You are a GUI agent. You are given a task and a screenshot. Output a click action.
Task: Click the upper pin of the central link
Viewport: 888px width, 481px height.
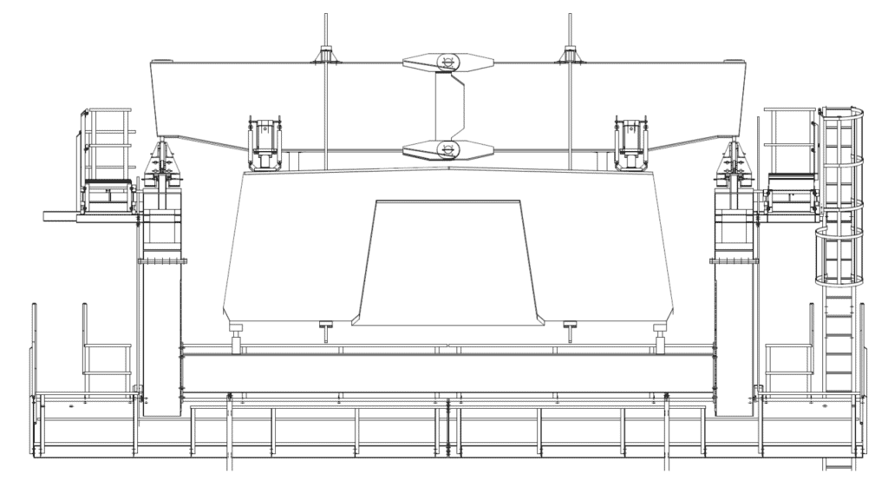click(x=447, y=62)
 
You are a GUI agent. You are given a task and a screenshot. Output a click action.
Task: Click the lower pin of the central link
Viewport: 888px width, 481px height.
click(x=447, y=148)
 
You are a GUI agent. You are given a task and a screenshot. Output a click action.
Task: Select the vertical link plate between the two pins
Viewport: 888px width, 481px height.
click(x=448, y=105)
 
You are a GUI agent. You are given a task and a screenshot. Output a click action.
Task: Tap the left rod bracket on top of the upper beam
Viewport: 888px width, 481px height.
click(x=326, y=56)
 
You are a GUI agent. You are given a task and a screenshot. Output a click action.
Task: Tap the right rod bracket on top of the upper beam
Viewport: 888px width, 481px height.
click(x=569, y=56)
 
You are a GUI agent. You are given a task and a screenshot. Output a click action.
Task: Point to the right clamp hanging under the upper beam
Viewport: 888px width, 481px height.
click(x=630, y=138)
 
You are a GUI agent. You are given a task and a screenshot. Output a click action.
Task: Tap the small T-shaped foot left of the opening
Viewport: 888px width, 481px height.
click(x=326, y=327)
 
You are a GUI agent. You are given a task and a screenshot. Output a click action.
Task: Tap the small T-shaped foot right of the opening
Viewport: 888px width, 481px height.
click(x=570, y=327)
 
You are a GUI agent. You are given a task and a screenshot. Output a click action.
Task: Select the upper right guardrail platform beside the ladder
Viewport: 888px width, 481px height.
click(x=789, y=156)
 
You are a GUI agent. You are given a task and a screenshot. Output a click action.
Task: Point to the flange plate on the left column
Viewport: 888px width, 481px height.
click(x=162, y=258)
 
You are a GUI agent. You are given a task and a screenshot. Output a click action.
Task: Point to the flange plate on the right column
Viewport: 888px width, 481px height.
click(x=734, y=258)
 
